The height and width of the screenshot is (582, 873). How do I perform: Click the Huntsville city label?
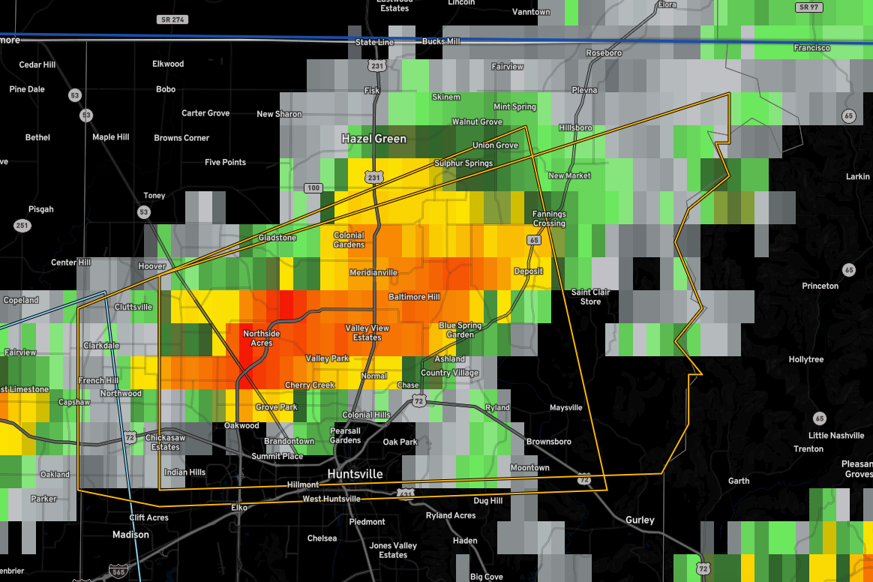click(x=355, y=474)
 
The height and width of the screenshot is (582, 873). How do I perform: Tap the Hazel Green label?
click(x=373, y=139)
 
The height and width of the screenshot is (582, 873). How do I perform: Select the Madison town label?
click(x=130, y=535)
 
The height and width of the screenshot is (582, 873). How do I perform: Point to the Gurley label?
click(x=640, y=520)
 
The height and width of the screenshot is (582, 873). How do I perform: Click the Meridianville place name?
click(x=373, y=272)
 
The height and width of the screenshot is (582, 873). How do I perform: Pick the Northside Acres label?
click(x=261, y=338)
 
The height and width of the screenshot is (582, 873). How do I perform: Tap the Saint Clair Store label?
click(x=590, y=297)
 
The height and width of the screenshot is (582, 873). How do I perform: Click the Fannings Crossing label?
click(x=549, y=219)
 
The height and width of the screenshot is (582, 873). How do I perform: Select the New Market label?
click(x=569, y=175)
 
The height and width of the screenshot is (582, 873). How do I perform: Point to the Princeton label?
click(x=820, y=286)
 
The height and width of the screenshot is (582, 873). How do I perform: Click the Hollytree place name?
click(x=805, y=359)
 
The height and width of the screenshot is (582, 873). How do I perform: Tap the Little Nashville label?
click(x=836, y=436)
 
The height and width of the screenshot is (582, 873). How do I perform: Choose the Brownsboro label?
click(x=548, y=442)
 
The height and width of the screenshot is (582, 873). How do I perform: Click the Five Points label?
click(x=225, y=162)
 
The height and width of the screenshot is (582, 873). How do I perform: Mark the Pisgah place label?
click(x=40, y=209)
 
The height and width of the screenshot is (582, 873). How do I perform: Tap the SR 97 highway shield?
click(x=808, y=7)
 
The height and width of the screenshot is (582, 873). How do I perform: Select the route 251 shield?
click(x=22, y=226)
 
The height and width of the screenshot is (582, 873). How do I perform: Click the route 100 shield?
click(x=313, y=187)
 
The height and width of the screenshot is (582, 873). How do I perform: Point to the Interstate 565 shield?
click(x=117, y=571)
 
